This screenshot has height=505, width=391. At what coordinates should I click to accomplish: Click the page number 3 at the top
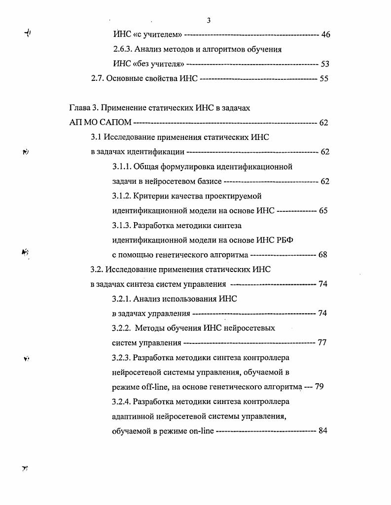pos(209,20)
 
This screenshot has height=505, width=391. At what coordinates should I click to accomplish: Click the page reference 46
pos(325,34)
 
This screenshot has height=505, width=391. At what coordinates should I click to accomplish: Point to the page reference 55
pos(324,78)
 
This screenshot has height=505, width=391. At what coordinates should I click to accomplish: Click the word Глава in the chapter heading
pos(79,108)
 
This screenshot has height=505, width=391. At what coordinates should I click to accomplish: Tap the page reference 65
pos(323,211)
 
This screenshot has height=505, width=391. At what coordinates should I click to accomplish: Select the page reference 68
pos(323,255)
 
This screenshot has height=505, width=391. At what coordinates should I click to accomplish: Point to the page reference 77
pos(322,342)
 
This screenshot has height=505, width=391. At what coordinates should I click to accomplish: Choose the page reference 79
pos(319,387)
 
